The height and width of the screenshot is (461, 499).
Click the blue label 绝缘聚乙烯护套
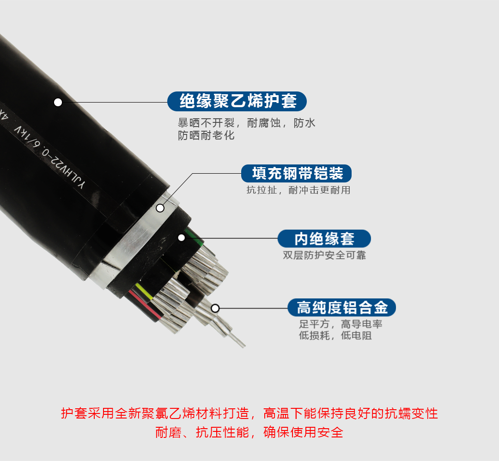click(x=237, y=102)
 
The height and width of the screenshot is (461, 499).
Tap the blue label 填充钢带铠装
click(x=296, y=173)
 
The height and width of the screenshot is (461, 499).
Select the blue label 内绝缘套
click(x=324, y=239)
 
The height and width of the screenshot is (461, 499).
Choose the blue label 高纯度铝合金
click(x=342, y=307)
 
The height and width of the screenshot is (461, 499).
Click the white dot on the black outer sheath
click(x=58, y=102)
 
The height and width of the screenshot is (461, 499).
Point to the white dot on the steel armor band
click(x=160, y=208)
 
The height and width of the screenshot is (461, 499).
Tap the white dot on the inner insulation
click(x=182, y=237)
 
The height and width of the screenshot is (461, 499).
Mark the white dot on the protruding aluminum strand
click(x=215, y=308)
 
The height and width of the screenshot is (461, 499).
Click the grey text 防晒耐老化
click(x=206, y=135)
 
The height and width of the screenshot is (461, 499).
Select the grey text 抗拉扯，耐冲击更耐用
click(x=298, y=190)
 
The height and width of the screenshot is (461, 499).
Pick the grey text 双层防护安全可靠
click(x=324, y=255)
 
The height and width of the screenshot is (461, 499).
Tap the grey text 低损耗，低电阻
click(x=335, y=335)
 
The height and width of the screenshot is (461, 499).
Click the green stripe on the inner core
click(x=194, y=236)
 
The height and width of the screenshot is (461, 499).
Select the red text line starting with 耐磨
click(x=249, y=432)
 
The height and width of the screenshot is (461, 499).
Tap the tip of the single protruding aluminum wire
click(x=244, y=346)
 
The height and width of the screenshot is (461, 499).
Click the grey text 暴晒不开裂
click(x=206, y=123)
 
